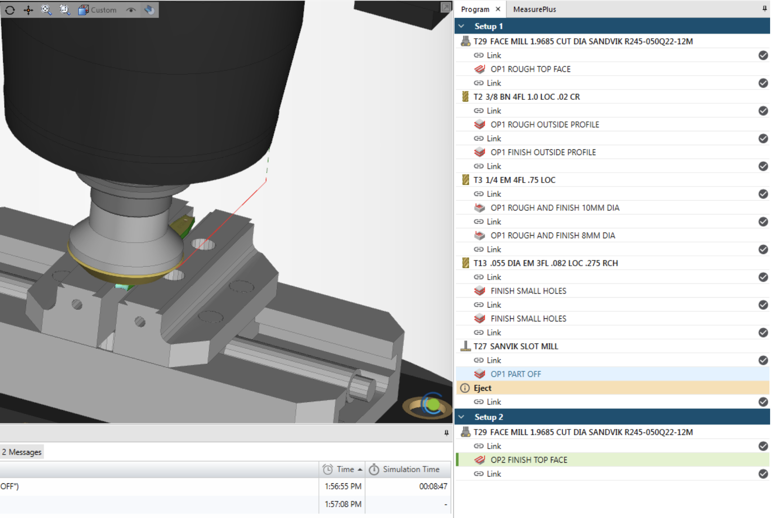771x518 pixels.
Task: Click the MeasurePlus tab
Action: pos(534,9)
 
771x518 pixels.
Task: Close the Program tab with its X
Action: pos(498,9)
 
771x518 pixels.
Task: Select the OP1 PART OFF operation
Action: pos(515,374)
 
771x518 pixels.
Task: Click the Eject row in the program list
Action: pos(483,388)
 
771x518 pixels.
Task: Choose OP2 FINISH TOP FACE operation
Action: pos(529,460)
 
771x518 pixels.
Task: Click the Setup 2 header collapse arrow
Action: pos(461,417)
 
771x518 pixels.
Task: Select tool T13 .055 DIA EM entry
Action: pos(545,263)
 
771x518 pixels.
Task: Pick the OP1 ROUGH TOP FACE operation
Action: pos(530,69)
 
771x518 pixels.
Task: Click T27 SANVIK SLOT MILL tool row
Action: pos(515,346)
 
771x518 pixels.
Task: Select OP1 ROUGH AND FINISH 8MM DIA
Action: pos(552,236)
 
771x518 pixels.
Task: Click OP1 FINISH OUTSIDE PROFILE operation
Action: pos(543,152)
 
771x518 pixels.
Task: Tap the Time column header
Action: pos(345,469)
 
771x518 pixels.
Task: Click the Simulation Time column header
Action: pos(410,469)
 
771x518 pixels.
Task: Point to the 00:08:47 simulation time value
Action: pos(433,487)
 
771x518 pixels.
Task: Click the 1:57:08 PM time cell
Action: pos(343,505)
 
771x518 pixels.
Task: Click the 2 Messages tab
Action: pos(22,452)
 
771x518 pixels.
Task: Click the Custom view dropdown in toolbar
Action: pos(98,10)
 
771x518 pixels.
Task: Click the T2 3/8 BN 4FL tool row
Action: pos(526,97)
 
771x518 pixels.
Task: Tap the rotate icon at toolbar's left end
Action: pos(10,10)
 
